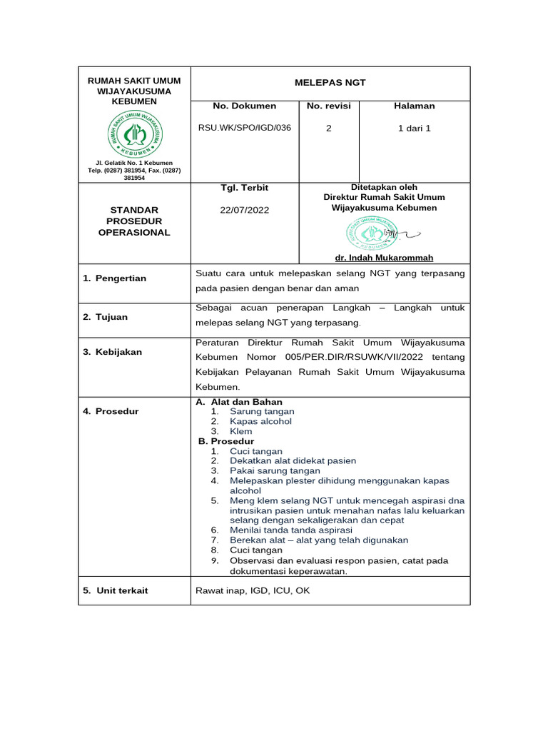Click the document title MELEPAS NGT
click(x=330, y=83)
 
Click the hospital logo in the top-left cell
click(x=134, y=134)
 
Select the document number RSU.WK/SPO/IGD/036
click(x=244, y=128)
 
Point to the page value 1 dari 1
click(x=414, y=128)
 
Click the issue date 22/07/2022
click(x=244, y=211)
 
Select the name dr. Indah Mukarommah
click(x=384, y=258)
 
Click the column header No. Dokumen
click(x=244, y=106)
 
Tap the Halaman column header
click(x=414, y=106)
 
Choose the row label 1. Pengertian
click(x=114, y=278)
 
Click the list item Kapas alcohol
click(x=260, y=421)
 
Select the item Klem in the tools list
click(x=240, y=432)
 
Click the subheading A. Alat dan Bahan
click(x=239, y=402)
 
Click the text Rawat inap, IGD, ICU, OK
click(x=253, y=590)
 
